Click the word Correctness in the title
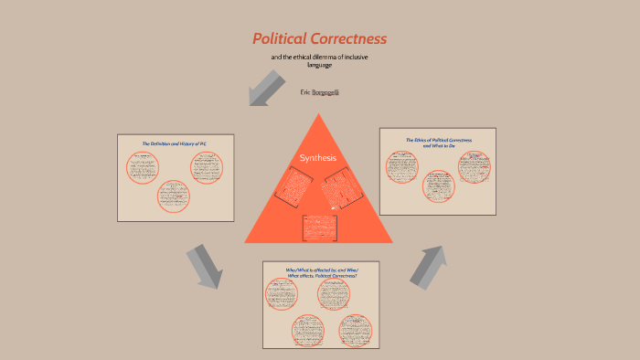click(x=351, y=39)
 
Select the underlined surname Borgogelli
click(x=325, y=92)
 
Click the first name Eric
click(x=305, y=92)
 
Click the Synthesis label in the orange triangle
click(x=318, y=158)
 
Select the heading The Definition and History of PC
click(x=175, y=143)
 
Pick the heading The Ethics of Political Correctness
click(x=437, y=142)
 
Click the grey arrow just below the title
click(x=265, y=88)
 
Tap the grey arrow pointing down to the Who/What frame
click(x=204, y=266)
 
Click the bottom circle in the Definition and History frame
click(x=174, y=196)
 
